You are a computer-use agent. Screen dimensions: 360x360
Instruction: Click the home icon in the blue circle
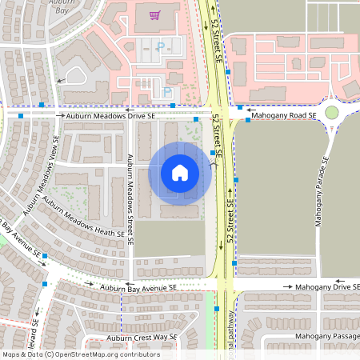click(x=180, y=172)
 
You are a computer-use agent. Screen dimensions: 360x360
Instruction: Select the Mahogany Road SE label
click(x=284, y=115)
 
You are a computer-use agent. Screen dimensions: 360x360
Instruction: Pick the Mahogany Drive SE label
click(x=327, y=286)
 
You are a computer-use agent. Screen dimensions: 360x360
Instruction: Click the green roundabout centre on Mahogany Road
click(x=333, y=113)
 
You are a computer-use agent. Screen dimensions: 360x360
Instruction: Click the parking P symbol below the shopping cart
click(x=159, y=47)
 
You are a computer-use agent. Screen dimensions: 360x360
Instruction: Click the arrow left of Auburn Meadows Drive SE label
click(x=60, y=115)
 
